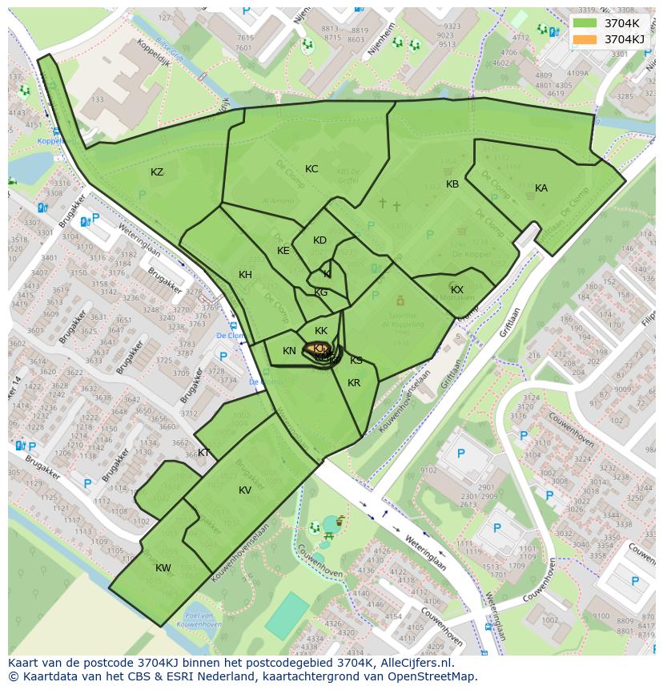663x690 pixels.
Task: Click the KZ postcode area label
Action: [157, 172]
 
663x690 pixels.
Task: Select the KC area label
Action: [311, 169]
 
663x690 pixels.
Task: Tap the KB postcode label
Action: [452, 184]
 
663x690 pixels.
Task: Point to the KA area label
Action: [541, 188]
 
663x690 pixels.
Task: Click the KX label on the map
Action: [457, 290]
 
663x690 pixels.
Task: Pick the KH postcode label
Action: [245, 275]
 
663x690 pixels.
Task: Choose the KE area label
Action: [283, 251]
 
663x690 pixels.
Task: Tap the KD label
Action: [319, 240]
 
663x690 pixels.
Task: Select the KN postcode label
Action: [289, 351]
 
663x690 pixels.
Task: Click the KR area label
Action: [354, 383]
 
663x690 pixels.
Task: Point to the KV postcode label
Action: [245, 490]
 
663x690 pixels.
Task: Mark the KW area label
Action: [163, 568]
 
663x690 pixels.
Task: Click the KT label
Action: [203, 453]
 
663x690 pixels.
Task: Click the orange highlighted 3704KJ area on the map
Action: [313, 349]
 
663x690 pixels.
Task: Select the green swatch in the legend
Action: [585, 23]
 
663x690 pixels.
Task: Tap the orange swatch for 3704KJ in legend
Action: [585, 39]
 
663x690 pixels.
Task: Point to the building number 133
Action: [98, 99]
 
